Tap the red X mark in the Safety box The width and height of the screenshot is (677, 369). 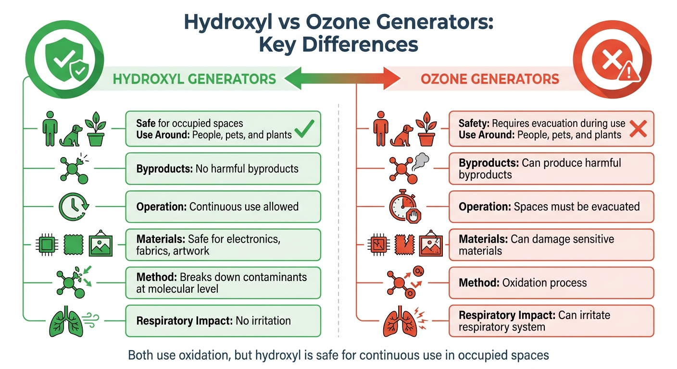(x=638, y=129)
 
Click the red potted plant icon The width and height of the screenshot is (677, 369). (x=426, y=129)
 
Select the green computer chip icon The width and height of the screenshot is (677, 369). (x=47, y=245)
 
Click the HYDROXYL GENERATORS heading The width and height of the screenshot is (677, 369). (x=194, y=79)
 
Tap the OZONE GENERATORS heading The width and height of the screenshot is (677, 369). (x=490, y=79)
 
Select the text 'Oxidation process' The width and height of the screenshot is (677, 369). (x=544, y=283)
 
